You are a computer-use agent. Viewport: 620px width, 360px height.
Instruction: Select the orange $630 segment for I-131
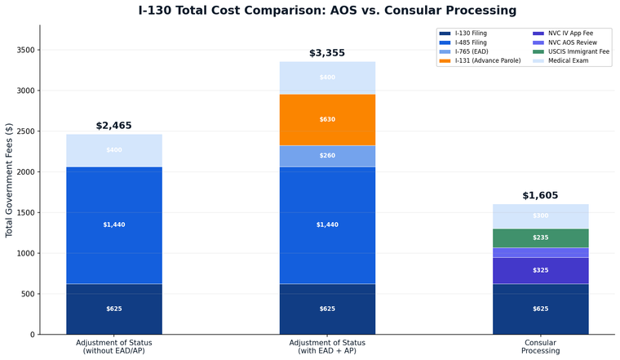tap(327, 119)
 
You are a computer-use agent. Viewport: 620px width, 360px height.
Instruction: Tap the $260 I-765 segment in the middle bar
tap(327, 156)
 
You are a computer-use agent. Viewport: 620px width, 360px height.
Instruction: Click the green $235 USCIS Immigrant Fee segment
tap(540, 238)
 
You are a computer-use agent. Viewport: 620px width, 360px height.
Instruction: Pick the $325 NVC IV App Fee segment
tap(540, 270)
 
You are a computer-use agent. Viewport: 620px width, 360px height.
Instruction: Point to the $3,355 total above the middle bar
tap(327, 53)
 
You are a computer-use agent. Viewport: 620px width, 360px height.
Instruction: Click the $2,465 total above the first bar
tap(113, 126)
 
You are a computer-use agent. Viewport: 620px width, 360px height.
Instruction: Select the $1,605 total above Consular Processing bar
tap(540, 196)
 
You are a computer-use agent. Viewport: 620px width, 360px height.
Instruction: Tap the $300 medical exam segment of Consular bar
tap(540, 216)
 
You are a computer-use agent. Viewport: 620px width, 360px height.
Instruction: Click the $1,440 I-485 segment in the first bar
tap(113, 224)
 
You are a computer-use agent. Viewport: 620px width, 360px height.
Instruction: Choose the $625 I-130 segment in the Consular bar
tap(540, 309)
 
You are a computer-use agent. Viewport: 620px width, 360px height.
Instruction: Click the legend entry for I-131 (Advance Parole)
tap(487, 60)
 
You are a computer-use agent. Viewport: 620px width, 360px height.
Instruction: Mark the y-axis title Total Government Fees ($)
tap(10, 180)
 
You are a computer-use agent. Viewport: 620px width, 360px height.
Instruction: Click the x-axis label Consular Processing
tap(540, 346)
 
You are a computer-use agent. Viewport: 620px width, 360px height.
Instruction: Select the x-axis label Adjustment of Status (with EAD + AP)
tap(327, 346)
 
